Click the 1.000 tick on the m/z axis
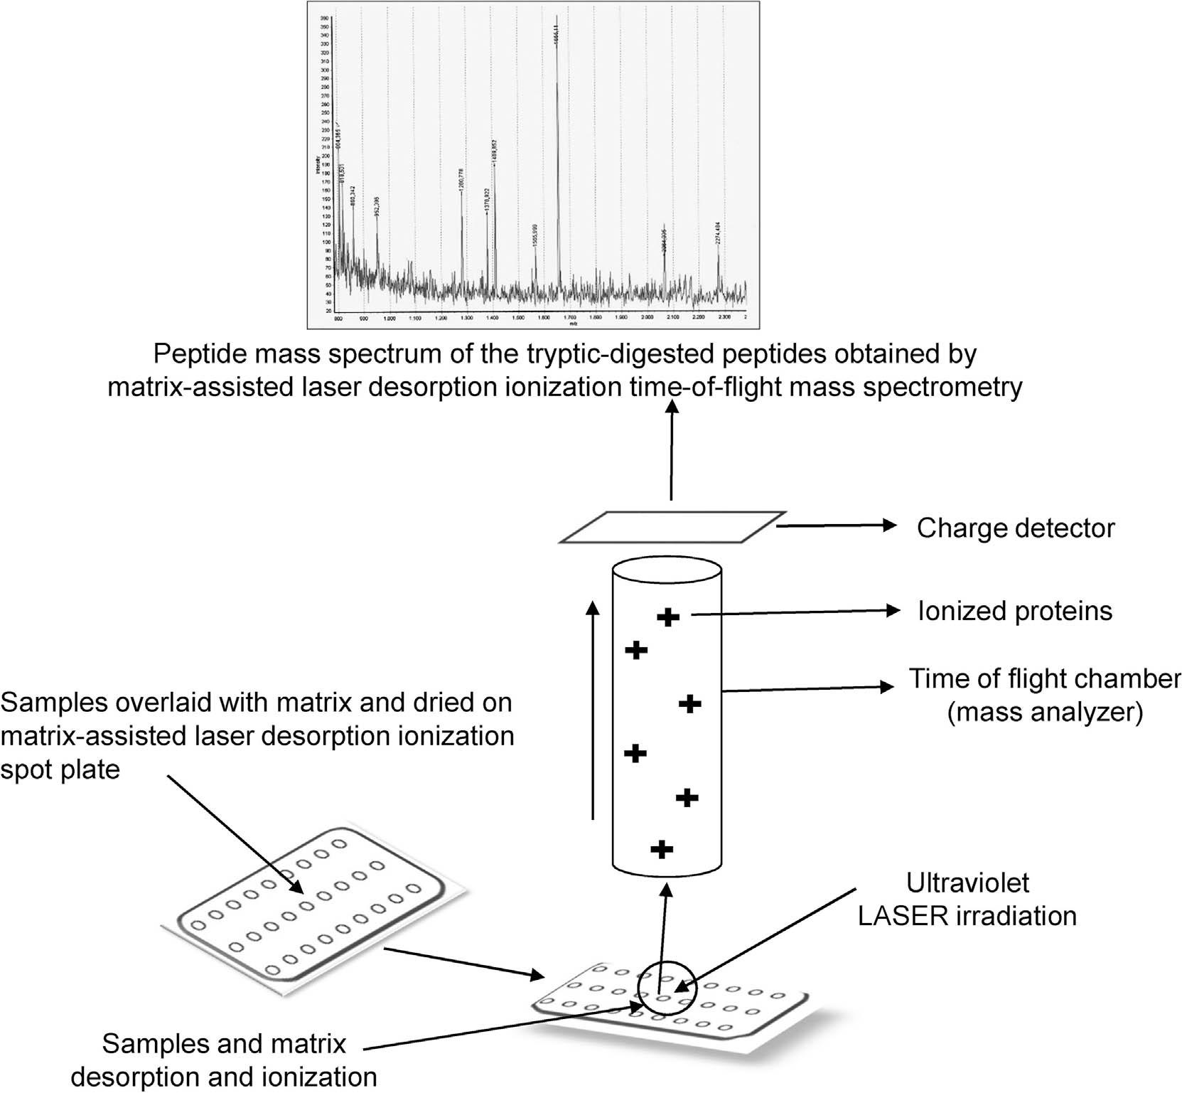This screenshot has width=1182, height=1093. tap(389, 318)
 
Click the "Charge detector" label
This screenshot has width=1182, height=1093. tap(1015, 528)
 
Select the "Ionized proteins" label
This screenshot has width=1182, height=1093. tap(1014, 611)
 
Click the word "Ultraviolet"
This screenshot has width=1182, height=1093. tap(967, 883)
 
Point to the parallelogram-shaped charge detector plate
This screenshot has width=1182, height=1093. tap(672, 527)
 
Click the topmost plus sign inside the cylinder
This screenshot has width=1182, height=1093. tap(667, 617)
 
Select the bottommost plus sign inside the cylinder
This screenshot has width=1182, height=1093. tap(662, 848)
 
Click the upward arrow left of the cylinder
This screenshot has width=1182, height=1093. tap(593, 711)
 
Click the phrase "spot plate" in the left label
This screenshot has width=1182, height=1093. tap(60, 769)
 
